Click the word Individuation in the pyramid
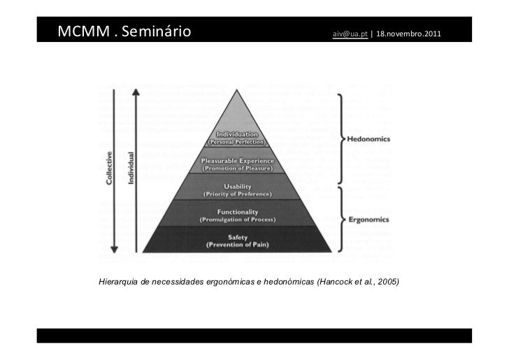click(240, 134)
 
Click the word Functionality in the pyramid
click(239, 212)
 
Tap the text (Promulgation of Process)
click(239, 219)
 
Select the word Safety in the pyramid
click(239, 237)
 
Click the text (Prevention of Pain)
click(239, 245)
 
